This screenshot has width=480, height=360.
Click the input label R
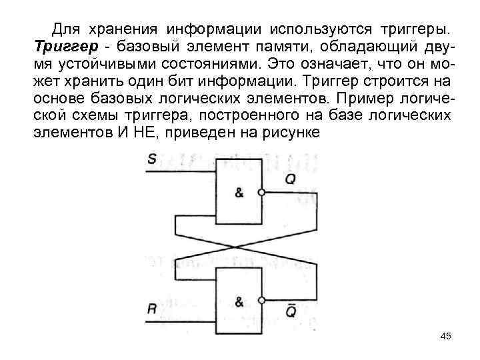pos(152,309)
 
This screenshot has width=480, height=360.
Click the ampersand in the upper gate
pos(239,193)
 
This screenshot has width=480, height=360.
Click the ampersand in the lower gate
pos(239,300)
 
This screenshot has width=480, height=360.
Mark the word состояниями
pos(204,64)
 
